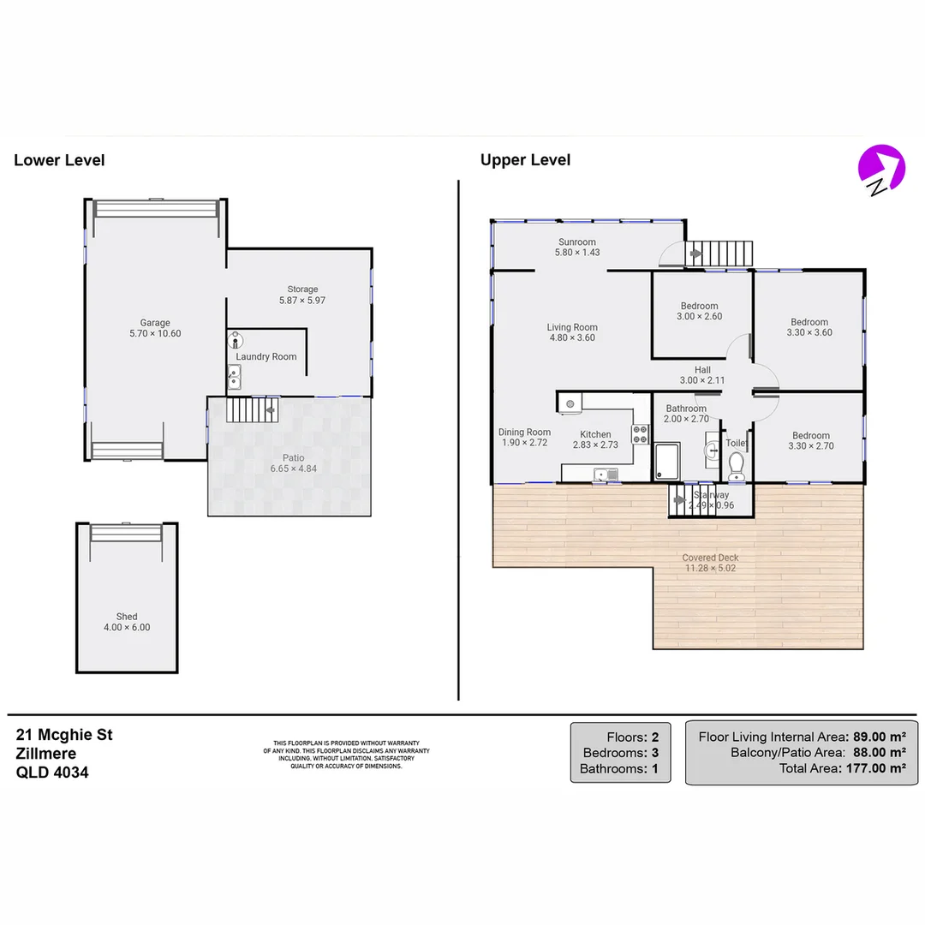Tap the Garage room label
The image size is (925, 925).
click(155, 323)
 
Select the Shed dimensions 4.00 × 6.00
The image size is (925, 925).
click(126, 627)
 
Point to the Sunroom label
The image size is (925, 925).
click(576, 242)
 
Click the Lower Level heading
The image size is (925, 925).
click(59, 160)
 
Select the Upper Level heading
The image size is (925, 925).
click(525, 160)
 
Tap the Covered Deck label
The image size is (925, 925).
click(710, 558)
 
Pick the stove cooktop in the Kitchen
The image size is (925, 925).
click(641, 434)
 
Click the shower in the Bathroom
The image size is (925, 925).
click(666, 462)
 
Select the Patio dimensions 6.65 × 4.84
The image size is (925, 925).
click(289, 468)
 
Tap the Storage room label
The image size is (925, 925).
click(302, 289)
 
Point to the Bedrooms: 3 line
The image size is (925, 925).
click(620, 752)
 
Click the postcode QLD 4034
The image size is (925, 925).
click(52, 772)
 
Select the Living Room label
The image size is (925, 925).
click(572, 327)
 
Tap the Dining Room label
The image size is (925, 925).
click(524, 433)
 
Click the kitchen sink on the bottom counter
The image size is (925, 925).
click(606, 474)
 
